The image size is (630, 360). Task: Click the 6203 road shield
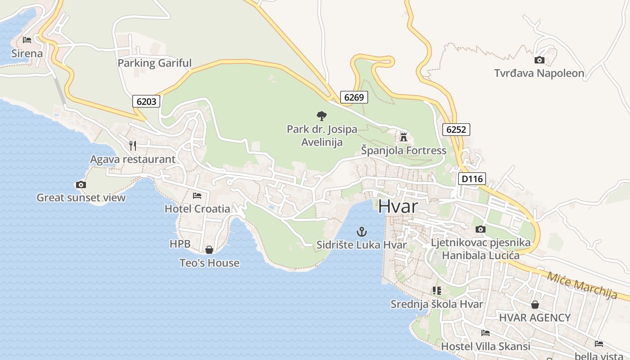point(147,101)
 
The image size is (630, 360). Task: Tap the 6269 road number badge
point(354,97)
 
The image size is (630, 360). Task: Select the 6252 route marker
point(456,130)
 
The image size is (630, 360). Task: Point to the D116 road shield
point(472,179)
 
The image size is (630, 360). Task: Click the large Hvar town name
point(398,206)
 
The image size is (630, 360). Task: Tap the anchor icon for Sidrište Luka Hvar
point(361,232)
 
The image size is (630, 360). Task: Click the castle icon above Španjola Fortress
point(404,136)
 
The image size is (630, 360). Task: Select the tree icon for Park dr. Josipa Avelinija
point(321,116)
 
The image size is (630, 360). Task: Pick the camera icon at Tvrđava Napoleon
point(539,60)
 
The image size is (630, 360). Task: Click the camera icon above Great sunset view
point(81,184)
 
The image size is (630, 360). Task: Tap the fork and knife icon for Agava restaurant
point(132,145)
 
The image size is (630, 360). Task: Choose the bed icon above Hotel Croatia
point(197,195)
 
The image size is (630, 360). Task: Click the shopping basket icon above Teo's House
point(209,249)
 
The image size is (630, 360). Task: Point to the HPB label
point(180,244)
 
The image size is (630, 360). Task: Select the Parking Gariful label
point(154,63)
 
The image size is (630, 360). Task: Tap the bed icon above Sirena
point(27,40)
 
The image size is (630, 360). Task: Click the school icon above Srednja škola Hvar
point(436,291)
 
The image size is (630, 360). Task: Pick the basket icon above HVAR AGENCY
point(535,305)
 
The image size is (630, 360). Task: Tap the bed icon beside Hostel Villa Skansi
point(485,333)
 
